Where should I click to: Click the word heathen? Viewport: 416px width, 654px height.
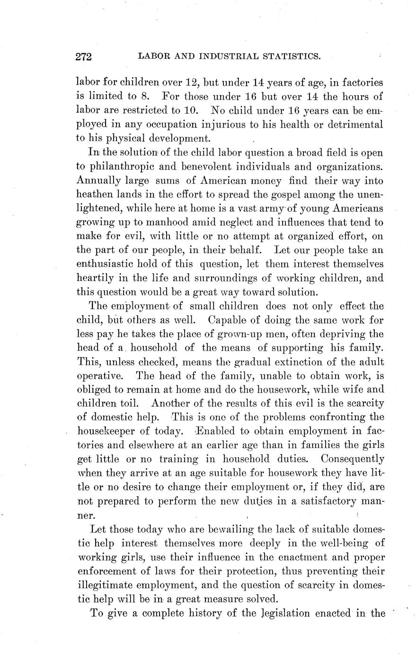pyautogui.click(x=94, y=194)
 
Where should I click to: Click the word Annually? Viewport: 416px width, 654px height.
pyautogui.click(x=96, y=181)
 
